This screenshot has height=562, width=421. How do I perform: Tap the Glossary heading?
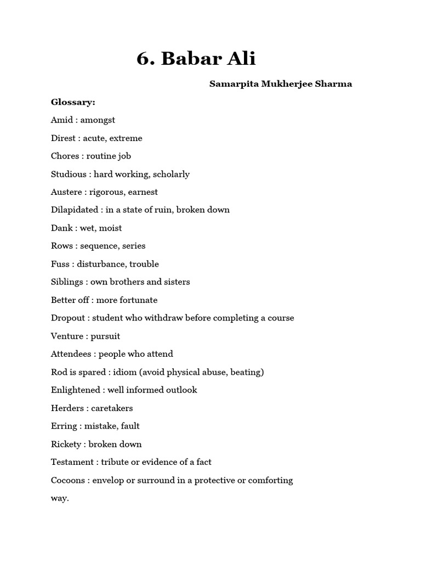coord(73,102)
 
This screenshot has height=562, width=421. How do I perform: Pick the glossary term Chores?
coord(65,156)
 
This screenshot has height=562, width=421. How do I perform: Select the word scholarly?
coord(171,174)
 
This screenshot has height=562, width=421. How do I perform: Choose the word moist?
coord(110,228)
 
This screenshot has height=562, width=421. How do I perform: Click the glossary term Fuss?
coord(60,264)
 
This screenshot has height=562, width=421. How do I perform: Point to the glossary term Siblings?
coord(66,282)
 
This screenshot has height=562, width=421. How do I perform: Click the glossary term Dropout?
coord(68,318)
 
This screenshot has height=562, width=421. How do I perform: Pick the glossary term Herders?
coord(66,408)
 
